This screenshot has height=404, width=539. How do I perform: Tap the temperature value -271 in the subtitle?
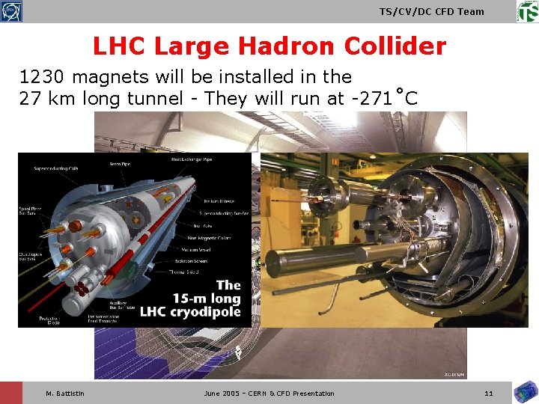pos(367,98)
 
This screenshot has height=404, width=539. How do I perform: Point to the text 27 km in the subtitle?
pos(46,98)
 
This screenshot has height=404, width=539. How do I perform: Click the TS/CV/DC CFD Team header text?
pos(432,11)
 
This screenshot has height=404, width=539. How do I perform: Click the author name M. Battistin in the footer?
pos(65,394)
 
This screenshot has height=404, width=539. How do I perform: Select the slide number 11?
pos(489,394)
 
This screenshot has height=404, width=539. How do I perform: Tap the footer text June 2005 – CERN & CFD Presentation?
pos(269,394)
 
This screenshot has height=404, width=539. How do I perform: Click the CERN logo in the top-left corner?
pos(11,11)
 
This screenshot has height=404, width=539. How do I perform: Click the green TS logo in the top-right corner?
pos(527,11)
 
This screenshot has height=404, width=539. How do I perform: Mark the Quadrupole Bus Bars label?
pos(28,257)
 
